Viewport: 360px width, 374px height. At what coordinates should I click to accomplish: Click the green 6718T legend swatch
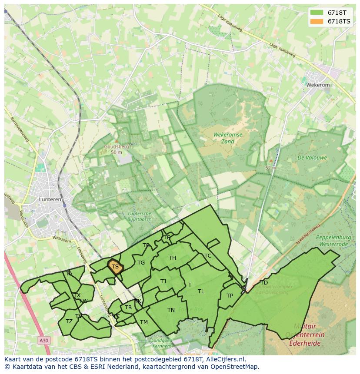(317, 13)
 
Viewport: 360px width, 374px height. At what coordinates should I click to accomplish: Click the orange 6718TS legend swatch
(317, 21)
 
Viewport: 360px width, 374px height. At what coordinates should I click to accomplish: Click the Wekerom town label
(318, 85)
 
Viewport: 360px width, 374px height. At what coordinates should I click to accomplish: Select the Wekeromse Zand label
(228, 138)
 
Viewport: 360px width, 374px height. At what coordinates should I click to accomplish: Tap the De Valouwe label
(312, 158)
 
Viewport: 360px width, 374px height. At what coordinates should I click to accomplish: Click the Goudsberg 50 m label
(116, 149)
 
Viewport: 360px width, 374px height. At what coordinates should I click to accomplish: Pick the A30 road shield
(43, 341)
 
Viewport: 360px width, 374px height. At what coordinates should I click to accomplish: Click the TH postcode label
(172, 258)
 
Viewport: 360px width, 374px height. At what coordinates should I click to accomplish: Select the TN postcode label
(171, 310)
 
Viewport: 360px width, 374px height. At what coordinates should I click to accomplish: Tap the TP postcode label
(230, 296)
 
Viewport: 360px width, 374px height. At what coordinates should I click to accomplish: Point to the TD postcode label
(264, 283)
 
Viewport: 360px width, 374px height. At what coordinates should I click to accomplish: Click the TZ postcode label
(69, 321)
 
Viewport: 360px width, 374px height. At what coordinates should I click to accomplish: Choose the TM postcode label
(144, 322)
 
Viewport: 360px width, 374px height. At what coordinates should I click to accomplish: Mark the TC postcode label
(208, 256)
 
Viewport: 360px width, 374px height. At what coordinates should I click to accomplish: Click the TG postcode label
(141, 263)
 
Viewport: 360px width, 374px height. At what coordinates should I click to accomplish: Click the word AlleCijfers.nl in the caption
(226, 359)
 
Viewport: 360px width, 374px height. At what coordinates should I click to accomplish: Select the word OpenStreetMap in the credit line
(234, 367)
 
